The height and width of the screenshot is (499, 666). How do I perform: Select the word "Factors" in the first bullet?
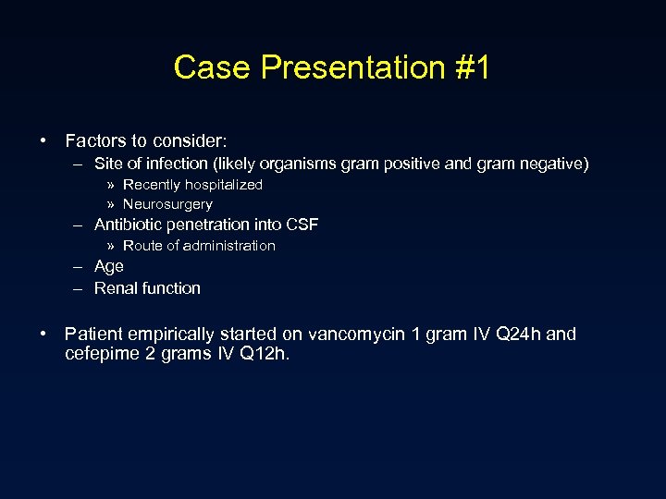[x=93, y=141]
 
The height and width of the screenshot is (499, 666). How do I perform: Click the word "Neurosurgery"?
[x=167, y=204]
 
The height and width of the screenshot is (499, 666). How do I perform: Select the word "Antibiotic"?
[x=129, y=225]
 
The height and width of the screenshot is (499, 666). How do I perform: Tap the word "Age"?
[x=109, y=266]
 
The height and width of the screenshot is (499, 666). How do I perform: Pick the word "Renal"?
[x=115, y=288]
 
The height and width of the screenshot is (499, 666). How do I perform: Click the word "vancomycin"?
[x=356, y=334]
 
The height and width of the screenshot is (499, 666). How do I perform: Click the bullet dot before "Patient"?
[x=43, y=334]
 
